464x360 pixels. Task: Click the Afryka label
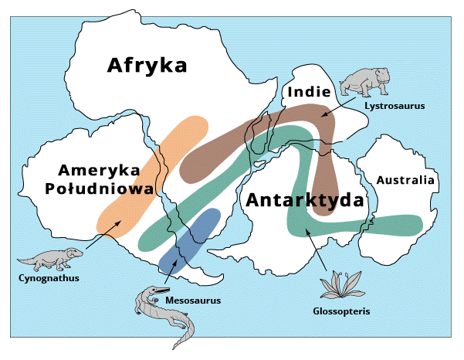(x=147, y=65)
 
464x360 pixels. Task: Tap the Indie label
(x=309, y=93)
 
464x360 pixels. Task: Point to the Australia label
(x=405, y=181)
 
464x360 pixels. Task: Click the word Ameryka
(x=97, y=169)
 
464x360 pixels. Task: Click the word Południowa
(x=97, y=188)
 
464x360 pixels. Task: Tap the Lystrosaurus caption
(x=395, y=105)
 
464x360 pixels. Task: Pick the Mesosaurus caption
(x=193, y=299)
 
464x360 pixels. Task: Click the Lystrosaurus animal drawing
(x=364, y=81)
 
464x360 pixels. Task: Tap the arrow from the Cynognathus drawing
(x=101, y=235)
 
